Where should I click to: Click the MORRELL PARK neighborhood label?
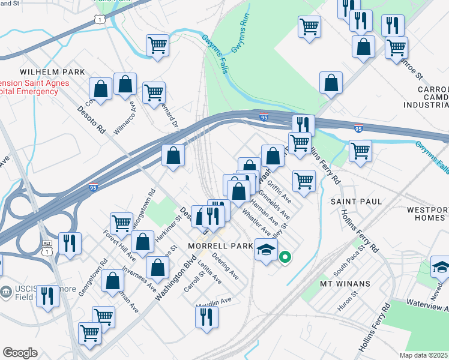(x=216, y=247)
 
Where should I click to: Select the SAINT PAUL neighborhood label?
(x=356, y=202)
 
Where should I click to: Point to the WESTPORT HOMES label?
(x=427, y=214)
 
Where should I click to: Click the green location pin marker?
(x=285, y=259)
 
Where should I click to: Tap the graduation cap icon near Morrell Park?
(x=265, y=250)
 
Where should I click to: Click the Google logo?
(x=20, y=353)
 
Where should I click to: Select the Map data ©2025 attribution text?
(x=424, y=355)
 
